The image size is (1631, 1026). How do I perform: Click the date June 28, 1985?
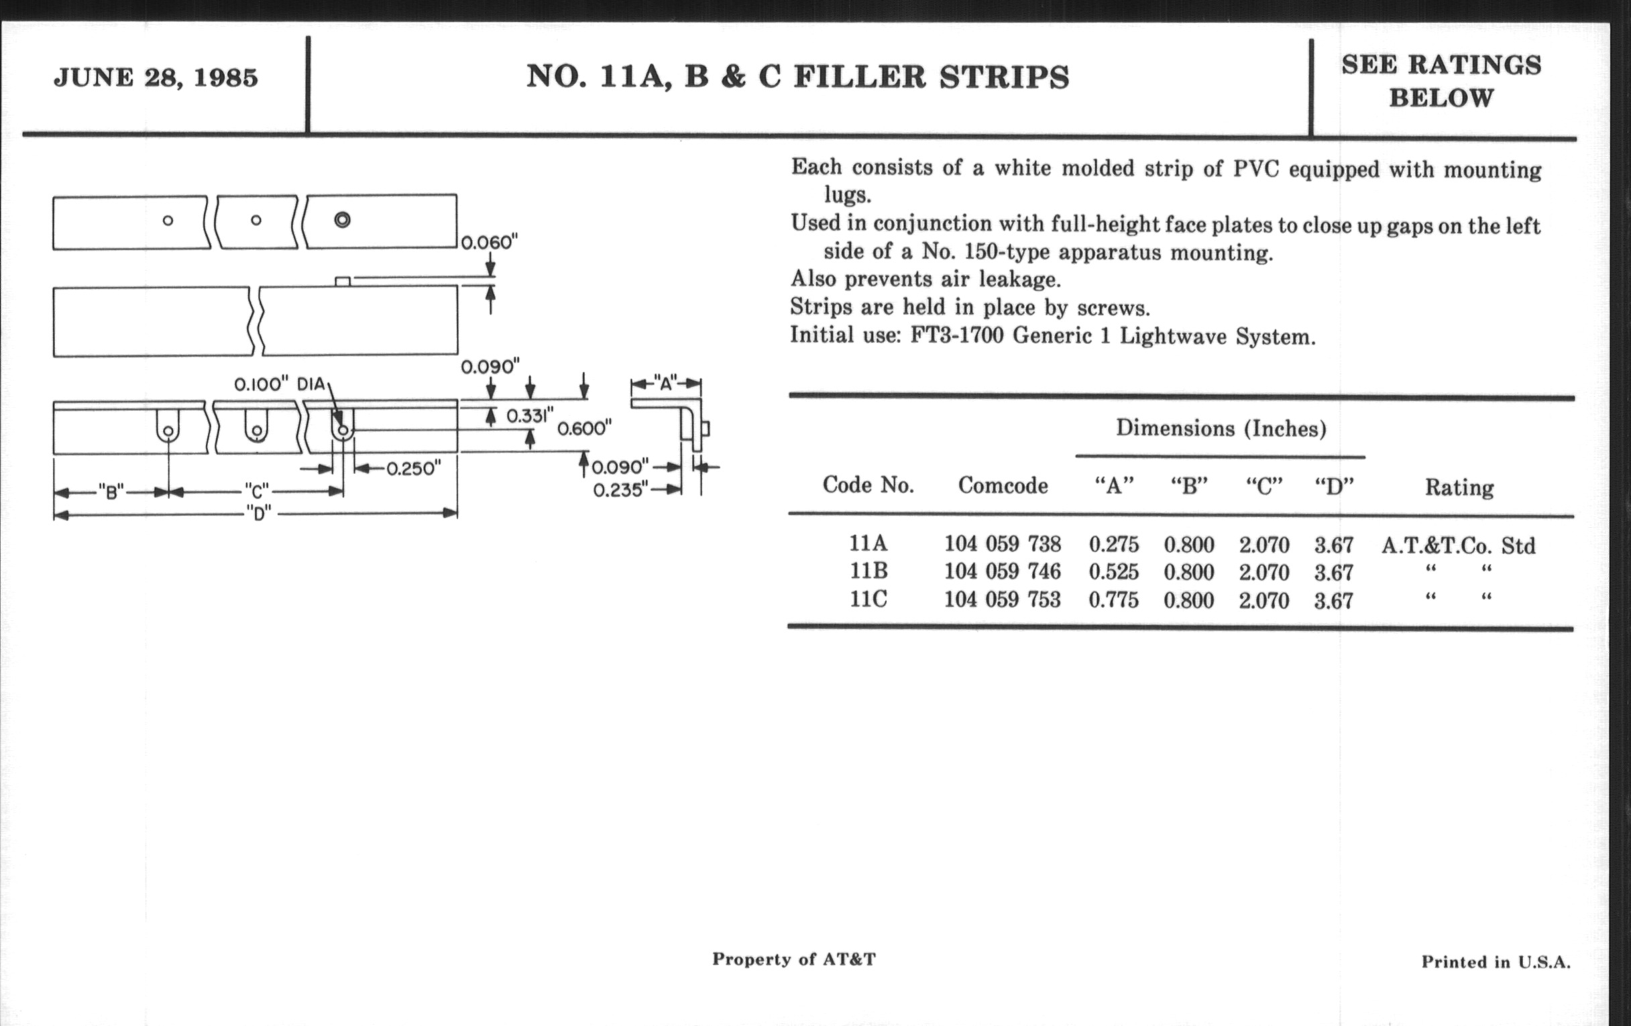point(156,78)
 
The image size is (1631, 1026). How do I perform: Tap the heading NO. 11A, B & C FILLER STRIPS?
point(797,76)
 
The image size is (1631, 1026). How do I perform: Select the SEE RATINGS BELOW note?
point(1441,81)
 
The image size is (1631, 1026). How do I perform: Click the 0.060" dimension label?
point(489,242)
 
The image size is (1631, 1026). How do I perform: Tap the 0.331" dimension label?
point(530,415)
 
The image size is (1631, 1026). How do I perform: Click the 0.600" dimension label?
point(584,428)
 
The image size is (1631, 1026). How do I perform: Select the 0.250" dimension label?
point(413,468)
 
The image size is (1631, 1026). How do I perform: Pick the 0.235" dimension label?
point(620,490)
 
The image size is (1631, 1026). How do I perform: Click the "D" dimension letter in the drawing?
point(259,514)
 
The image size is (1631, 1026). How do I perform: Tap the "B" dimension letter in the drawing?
point(111,492)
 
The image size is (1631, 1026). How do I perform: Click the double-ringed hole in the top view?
point(342,219)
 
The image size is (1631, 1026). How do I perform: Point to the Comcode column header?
point(1003,486)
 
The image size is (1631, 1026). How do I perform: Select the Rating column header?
point(1459,488)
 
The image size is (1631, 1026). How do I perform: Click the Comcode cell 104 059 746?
point(1003,571)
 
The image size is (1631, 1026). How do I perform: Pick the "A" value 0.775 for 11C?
point(1113,600)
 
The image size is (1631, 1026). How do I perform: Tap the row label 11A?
point(868,543)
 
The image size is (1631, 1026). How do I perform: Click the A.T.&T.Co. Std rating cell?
point(1458,545)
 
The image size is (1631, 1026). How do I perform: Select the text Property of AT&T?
point(794,959)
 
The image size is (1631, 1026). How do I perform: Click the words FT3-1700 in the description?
point(956,336)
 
